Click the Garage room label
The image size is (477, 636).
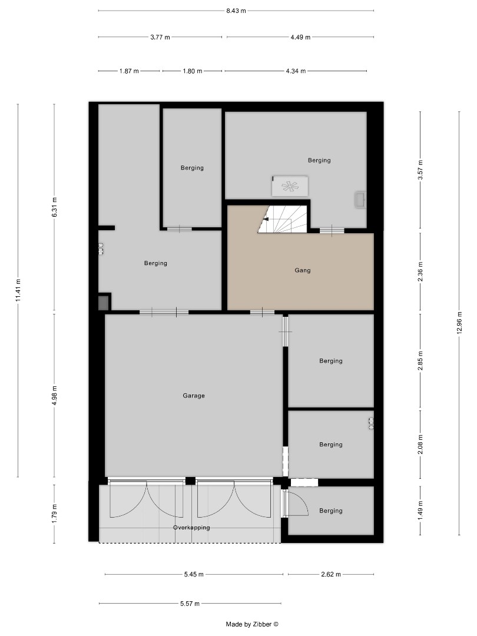tap(194, 396)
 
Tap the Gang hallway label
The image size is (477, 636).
tap(303, 271)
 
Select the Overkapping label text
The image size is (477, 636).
tap(191, 528)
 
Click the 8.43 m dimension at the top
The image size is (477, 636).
tap(236, 11)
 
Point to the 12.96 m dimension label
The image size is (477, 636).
tap(459, 323)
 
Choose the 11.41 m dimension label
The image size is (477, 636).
tap(18, 290)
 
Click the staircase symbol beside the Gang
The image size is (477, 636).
tap(283, 220)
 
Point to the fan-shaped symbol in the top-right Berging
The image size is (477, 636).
tap(290, 187)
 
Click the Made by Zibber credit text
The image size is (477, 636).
tap(251, 624)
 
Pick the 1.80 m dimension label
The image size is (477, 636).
tap(191, 71)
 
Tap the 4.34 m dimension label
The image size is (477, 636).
tap(295, 71)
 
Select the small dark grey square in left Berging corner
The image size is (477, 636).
tap(104, 303)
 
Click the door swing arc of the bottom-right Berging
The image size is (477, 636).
tap(299, 504)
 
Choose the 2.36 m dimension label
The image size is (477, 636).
tap(420, 271)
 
